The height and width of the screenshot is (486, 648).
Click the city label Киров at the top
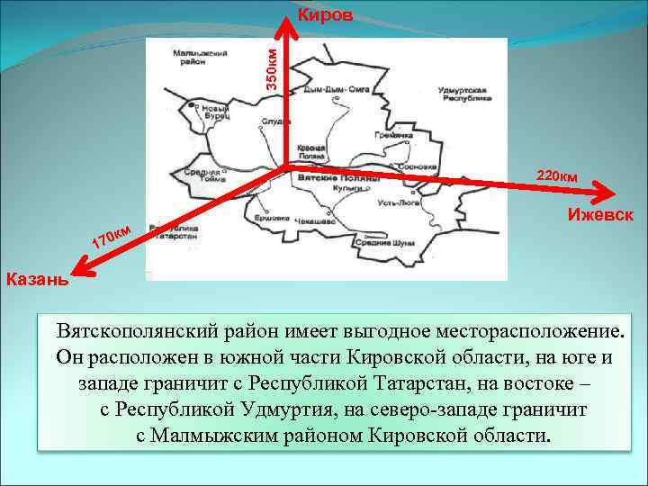(x=325, y=15)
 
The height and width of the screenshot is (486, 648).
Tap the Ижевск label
(x=600, y=216)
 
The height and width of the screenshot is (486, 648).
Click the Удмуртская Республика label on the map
(x=463, y=95)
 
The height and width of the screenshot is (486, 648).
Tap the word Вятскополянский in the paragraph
(x=145, y=326)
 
